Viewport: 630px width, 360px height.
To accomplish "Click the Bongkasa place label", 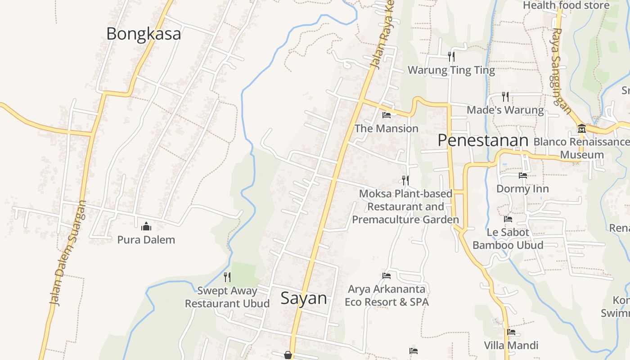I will (x=144, y=34).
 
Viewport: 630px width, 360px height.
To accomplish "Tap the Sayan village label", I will (x=304, y=298).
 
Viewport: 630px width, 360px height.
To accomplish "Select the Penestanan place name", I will (x=483, y=140).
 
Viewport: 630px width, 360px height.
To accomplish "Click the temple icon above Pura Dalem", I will (x=146, y=226).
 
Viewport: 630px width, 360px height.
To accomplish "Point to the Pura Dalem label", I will (x=146, y=239).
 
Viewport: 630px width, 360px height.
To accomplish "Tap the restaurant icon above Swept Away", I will (x=227, y=277).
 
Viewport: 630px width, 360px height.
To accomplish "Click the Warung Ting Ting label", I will (x=451, y=70).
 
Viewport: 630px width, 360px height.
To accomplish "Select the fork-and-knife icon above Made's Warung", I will (x=505, y=97).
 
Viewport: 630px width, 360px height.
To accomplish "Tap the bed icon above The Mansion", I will (x=386, y=115).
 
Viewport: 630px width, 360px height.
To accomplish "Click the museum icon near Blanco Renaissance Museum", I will (x=581, y=129).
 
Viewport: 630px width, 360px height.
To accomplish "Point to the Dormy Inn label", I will (x=522, y=189).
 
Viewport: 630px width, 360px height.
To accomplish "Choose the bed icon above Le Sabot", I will (x=508, y=219).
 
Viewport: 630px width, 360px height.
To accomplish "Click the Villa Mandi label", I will (x=511, y=346).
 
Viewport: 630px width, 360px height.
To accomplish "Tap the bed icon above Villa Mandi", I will (x=511, y=333).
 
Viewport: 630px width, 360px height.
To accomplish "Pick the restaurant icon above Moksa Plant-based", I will (x=405, y=180).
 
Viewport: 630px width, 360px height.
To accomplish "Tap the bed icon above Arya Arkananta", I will (x=386, y=275).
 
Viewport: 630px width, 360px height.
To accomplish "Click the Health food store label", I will (x=566, y=5).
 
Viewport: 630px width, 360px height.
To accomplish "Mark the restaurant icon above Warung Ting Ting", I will (x=451, y=57).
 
